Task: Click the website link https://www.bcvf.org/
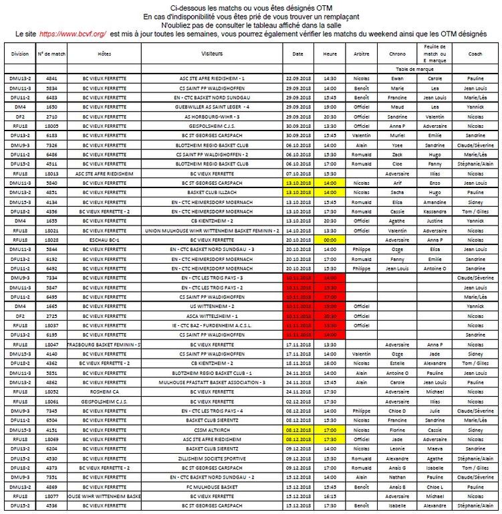[72, 33]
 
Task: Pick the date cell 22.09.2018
[298, 78]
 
